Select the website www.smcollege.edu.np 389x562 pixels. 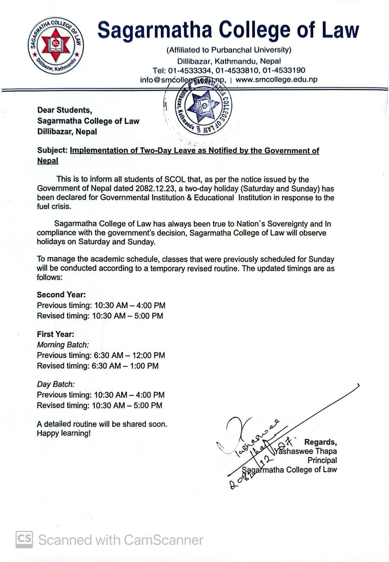(x=276, y=79)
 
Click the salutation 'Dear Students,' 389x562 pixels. (x=65, y=110)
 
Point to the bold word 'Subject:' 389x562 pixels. (x=52, y=151)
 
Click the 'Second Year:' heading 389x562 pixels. (x=61, y=295)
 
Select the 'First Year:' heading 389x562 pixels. (x=56, y=334)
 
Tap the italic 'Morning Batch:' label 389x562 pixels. (x=63, y=345)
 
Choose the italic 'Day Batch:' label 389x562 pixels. (x=56, y=384)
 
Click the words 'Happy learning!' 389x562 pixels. (x=64, y=433)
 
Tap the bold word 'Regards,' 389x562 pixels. (x=320, y=442)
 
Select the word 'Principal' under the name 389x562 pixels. (x=322, y=460)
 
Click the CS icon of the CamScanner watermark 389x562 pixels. (x=24, y=540)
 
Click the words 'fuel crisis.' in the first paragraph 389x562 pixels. (x=54, y=207)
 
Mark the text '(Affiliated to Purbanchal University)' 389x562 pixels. (x=229, y=50)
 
